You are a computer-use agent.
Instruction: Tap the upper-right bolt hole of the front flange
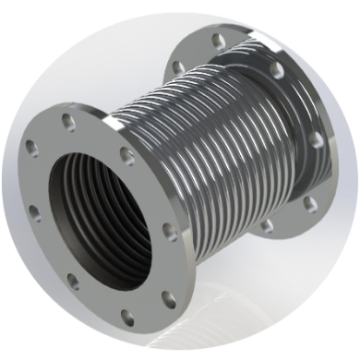(x=126, y=154)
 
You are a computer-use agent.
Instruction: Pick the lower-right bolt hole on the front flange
(x=169, y=298)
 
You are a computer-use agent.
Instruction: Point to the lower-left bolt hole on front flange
(x=73, y=281)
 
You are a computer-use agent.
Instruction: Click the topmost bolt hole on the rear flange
(x=218, y=41)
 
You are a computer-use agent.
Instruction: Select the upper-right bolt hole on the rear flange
(x=276, y=70)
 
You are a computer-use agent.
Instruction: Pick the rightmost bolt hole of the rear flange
(x=317, y=139)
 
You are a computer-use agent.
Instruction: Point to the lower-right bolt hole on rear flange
(x=310, y=202)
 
